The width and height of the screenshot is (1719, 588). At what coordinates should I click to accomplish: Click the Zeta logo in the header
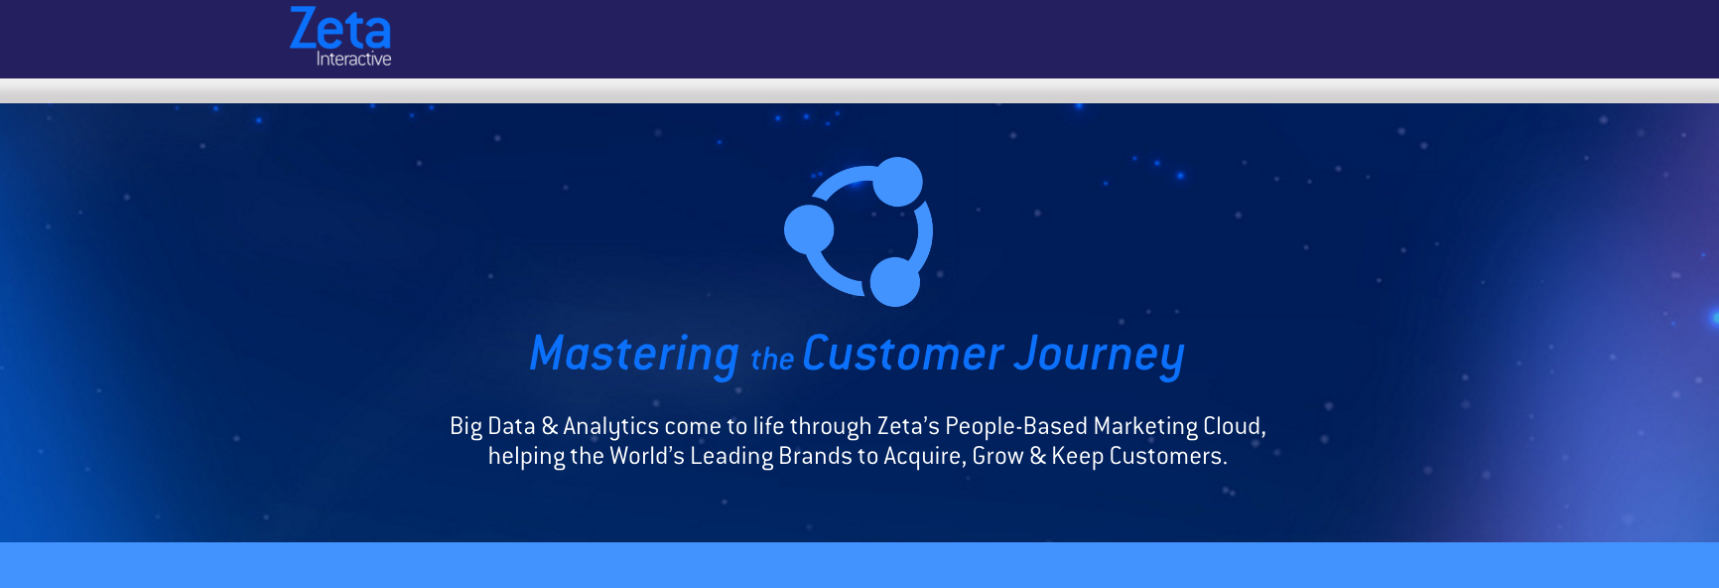click(x=340, y=36)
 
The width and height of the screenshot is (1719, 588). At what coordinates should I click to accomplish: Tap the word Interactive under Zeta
click(x=353, y=60)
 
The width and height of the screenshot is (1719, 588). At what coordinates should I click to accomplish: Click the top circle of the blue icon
click(x=898, y=182)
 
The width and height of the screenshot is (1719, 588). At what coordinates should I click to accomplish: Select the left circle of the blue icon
click(x=809, y=229)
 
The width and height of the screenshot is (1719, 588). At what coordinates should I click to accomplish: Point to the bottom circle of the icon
click(x=895, y=282)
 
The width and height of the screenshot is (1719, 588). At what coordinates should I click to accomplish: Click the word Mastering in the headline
click(x=634, y=355)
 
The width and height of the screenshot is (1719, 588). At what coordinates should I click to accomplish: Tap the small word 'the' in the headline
click(x=772, y=359)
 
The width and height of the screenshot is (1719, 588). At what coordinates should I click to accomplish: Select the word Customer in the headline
click(x=903, y=354)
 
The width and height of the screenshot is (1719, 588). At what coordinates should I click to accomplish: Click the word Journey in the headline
click(x=1100, y=356)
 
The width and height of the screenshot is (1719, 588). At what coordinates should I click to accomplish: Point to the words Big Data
click(x=492, y=426)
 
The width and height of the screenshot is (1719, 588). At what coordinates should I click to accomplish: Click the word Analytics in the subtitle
click(x=610, y=426)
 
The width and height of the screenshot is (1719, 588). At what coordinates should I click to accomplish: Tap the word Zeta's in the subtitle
click(x=908, y=426)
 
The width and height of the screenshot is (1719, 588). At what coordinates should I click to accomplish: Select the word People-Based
click(x=1016, y=426)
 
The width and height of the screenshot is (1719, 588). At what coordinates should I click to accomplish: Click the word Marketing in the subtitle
click(x=1145, y=426)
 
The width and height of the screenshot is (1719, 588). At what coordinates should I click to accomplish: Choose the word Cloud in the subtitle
click(x=1232, y=426)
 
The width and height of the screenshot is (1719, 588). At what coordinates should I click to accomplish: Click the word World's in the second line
click(x=647, y=456)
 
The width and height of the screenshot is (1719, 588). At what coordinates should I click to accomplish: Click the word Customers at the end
click(x=1165, y=456)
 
